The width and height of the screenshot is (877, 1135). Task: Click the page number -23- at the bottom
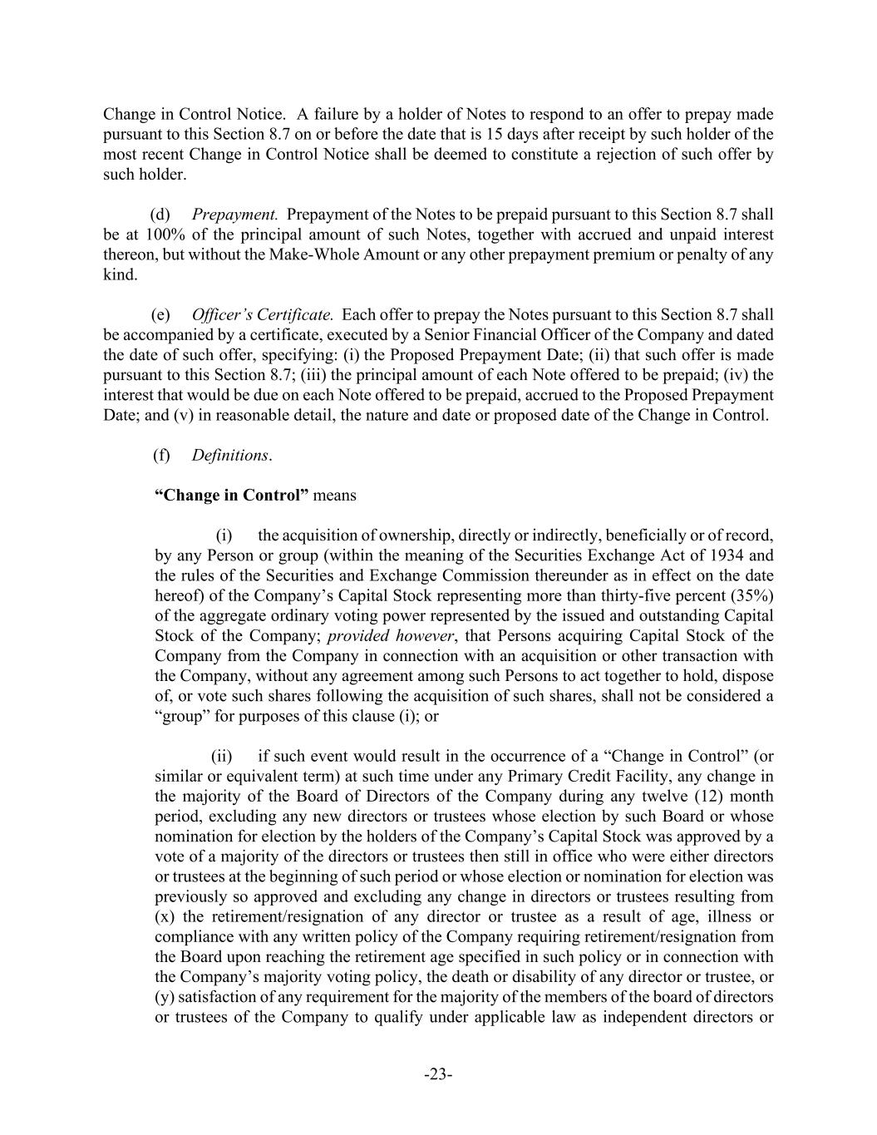pyautogui.click(x=438, y=1075)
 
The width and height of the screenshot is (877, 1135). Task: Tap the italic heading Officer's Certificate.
pyautogui.click(x=263, y=315)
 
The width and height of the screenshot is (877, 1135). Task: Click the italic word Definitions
pyautogui.click(x=230, y=455)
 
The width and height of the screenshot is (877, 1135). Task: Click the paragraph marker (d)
pyautogui.click(x=160, y=215)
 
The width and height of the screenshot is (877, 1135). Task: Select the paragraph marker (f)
pyautogui.click(x=161, y=455)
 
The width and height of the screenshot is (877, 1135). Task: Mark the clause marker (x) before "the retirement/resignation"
pyautogui.click(x=165, y=916)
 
